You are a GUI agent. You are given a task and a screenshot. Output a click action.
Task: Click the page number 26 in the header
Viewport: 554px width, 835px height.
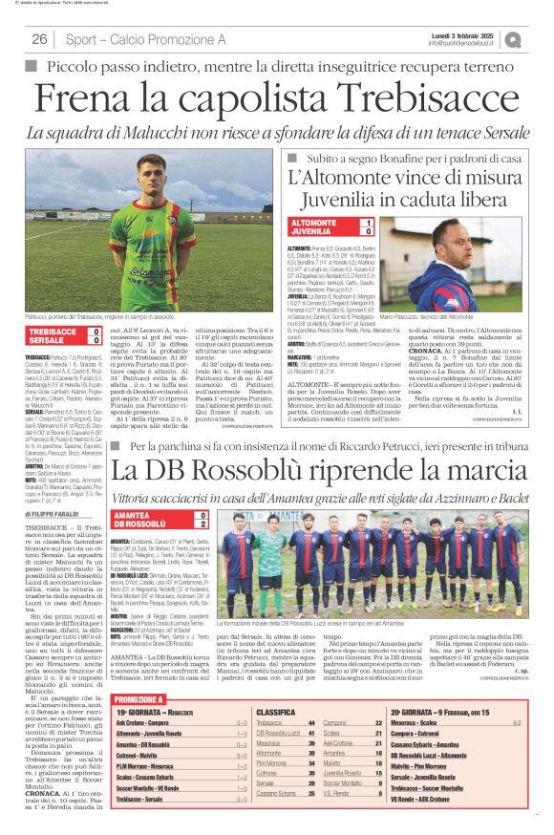tap(40, 39)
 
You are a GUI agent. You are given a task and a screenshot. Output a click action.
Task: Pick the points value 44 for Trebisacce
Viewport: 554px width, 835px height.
tap(338, 723)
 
